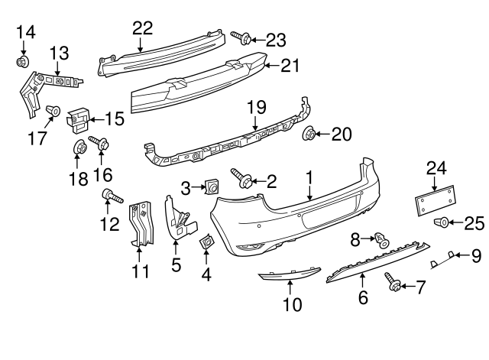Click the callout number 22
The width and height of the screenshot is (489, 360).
click(x=142, y=28)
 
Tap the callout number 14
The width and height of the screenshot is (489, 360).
click(x=25, y=31)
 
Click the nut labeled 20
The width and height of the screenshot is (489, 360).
click(x=310, y=135)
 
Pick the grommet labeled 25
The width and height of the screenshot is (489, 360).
click(x=442, y=222)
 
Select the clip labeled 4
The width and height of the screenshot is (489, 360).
click(x=206, y=243)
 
